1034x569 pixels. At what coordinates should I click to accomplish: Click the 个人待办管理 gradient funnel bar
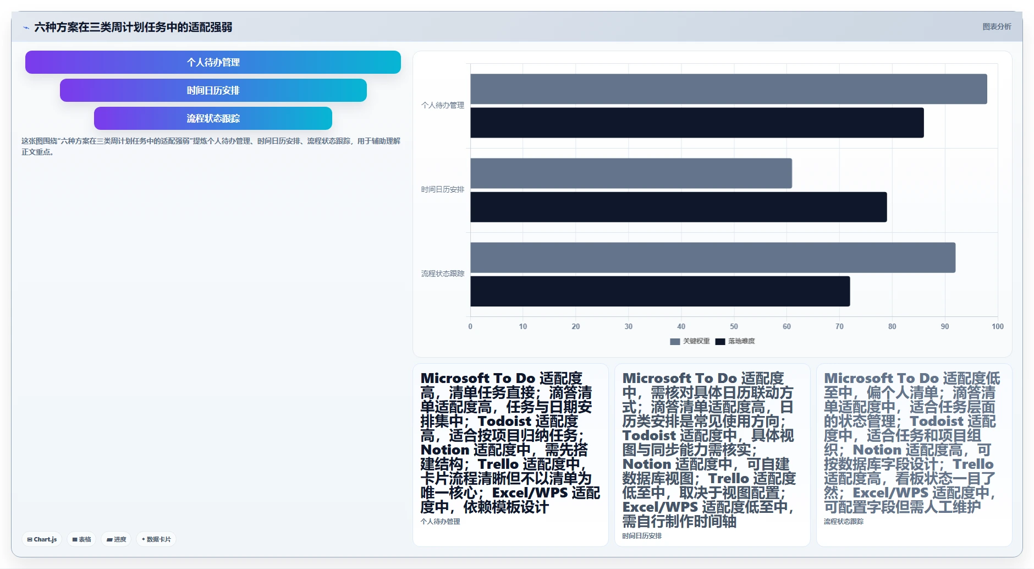pyautogui.click(x=213, y=62)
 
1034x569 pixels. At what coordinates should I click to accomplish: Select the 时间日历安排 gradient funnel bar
pyautogui.click(x=213, y=90)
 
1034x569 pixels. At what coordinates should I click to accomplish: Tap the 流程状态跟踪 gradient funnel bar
pyautogui.click(x=213, y=118)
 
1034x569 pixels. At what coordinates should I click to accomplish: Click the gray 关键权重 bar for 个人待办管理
pyautogui.click(x=729, y=89)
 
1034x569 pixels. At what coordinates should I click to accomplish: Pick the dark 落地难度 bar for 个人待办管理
pyautogui.click(x=697, y=123)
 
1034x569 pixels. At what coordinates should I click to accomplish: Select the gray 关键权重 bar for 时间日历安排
pyautogui.click(x=631, y=173)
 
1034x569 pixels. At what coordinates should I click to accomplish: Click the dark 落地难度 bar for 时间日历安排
pyautogui.click(x=679, y=207)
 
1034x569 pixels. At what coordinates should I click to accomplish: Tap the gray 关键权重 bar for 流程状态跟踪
pyautogui.click(x=713, y=258)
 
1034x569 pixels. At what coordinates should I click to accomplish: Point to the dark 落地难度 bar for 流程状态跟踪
pyautogui.click(x=660, y=291)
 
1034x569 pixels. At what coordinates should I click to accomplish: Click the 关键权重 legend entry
pyautogui.click(x=690, y=341)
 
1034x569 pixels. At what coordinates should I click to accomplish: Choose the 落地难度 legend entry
pyautogui.click(x=735, y=341)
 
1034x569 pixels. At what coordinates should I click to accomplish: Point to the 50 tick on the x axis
pyautogui.click(x=734, y=326)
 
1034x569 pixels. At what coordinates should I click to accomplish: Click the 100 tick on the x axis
pyautogui.click(x=997, y=326)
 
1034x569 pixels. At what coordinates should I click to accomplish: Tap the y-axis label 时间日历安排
pyautogui.click(x=443, y=189)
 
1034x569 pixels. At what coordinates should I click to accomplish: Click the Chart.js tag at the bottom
pyautogui.click(x=42, y=539)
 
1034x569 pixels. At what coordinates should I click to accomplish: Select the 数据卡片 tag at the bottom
pyautogui.click(x=156, y=539)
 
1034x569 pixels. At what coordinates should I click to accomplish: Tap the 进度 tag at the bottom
pyautogui.click(x=116, y=539)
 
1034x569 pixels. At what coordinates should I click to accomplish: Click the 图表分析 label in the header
pyautogui.click(x=997, y=26)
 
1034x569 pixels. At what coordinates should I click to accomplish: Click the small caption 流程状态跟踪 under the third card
pyautogui.click(x=844, y=521)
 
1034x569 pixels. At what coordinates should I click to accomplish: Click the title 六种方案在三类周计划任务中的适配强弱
pyautogui.click(x=133, y=27)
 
